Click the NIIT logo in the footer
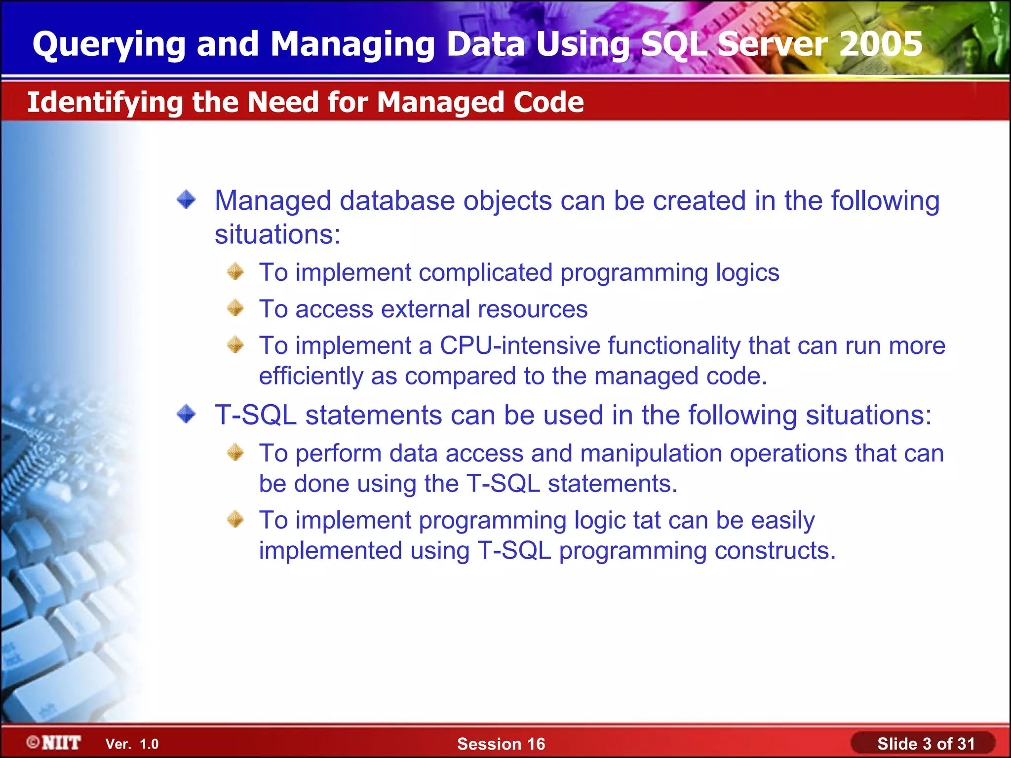coord(54,743)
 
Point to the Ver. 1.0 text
coord(132,744)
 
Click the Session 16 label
coord(501,744)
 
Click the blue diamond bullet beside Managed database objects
coord(186,200)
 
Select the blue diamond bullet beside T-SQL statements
coord(186,414)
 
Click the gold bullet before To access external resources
coord(235,308)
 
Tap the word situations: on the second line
coord(277,234)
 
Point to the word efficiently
coord(311,377)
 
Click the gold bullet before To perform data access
coord(235,452)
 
